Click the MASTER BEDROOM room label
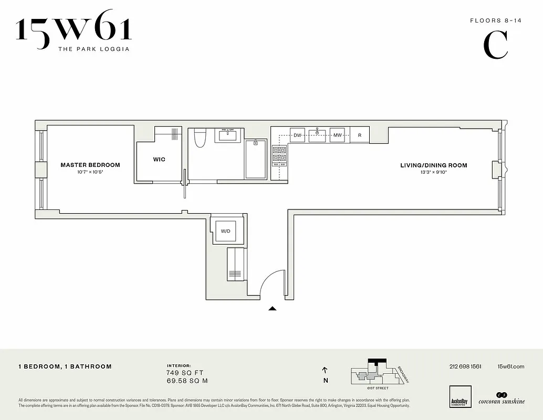tap(90, 165)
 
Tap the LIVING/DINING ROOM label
tap(433, 165)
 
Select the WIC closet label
tap(159, 159)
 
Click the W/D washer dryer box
tap(225, 231)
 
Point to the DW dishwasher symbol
tap(297, 135)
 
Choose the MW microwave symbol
tap(337, 135)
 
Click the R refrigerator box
tap(360, 135)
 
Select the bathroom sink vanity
tap(228, 135)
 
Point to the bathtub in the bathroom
tap(256, 160)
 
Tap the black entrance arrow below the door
tap(272, 309)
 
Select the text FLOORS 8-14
tap(488, 21)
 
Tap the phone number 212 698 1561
tap(465, 366)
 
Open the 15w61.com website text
tap(510, 366)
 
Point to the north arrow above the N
tap(325, 370)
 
